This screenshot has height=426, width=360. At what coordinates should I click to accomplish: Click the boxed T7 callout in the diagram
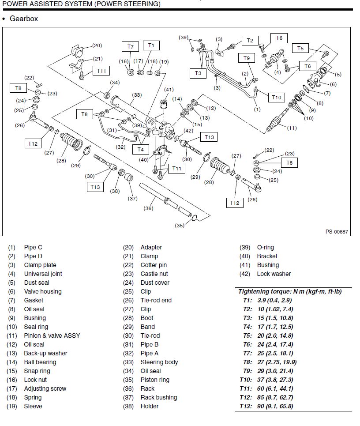click(130, 46)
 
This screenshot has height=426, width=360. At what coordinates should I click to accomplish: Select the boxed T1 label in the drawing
click(151, 45)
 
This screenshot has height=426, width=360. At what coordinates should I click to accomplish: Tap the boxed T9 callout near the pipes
click(247, 58)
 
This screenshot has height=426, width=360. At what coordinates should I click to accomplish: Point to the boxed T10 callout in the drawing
click(276, 97)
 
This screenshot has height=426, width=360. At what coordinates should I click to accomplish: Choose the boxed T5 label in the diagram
click(300, 49)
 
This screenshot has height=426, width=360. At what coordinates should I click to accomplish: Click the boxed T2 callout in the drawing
click(250, 41)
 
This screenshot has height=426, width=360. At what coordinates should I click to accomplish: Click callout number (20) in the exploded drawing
click(97, 45)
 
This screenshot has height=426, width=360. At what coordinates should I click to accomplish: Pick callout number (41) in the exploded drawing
click(169, 90)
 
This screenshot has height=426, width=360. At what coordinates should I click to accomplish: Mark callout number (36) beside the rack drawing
click(149, 209)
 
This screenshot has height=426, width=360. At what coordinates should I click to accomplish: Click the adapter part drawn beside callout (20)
click(78, 52)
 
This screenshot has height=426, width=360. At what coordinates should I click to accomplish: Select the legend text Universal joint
click(43, 274)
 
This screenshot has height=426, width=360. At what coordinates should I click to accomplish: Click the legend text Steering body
click(159, 362)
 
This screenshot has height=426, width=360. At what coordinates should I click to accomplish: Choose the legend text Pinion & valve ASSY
click(52, 336)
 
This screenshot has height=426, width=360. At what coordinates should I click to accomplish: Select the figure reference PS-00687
click(337, 231)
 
